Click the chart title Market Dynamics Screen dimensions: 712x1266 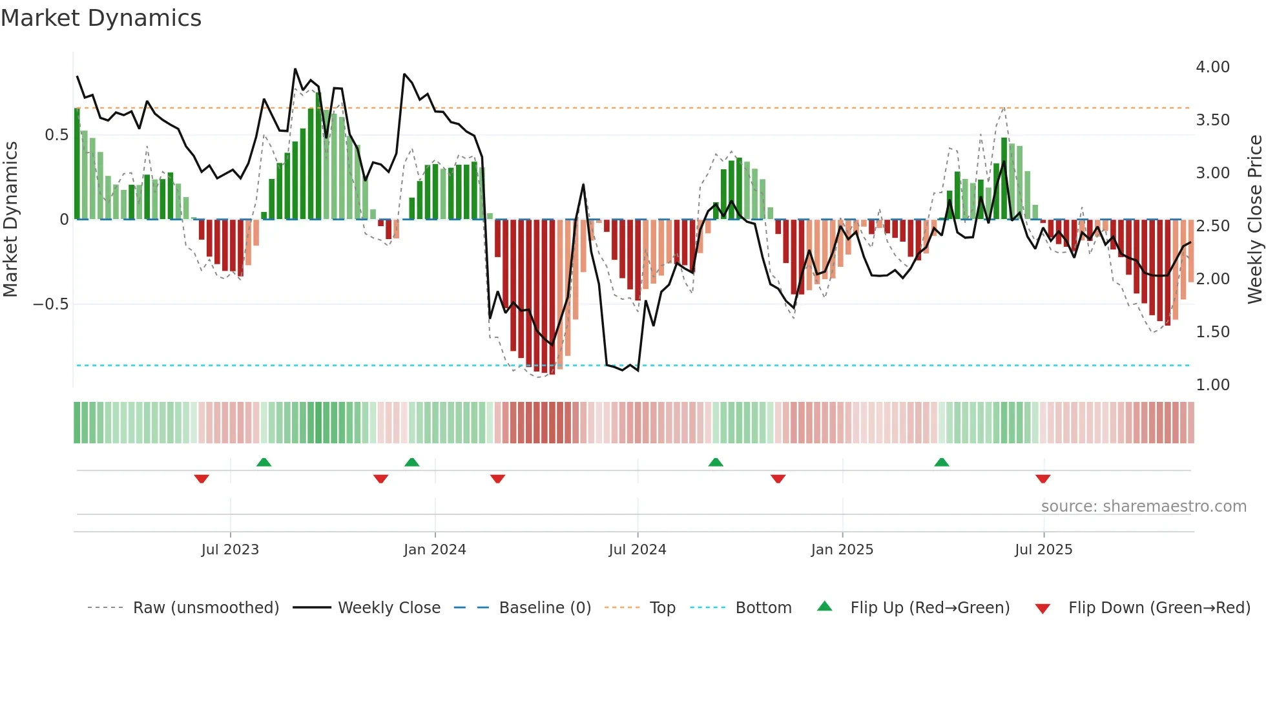coord(101,18)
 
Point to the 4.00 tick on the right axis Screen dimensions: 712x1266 coord(1212,67)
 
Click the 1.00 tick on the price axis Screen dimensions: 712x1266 coord(1212,385)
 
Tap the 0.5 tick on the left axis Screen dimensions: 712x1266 coord(56,135)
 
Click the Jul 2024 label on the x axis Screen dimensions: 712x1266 coord(637,550)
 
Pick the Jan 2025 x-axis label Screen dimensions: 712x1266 coord(842,550)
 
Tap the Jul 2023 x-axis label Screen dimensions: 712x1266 coord(230,550)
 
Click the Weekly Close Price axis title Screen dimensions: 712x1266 coord(1254,220)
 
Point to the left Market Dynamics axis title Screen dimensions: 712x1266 coord(10,220)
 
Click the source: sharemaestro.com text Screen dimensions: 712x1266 coord(1143,507)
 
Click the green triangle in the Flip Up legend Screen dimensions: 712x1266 coord(825,606)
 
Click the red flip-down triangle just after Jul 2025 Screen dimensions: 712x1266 coord(1043,479)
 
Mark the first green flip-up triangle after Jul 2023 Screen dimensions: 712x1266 coord(264,462)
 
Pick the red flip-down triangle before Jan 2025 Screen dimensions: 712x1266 coord(778,479)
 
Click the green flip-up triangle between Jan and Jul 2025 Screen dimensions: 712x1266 coord(941,462)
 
